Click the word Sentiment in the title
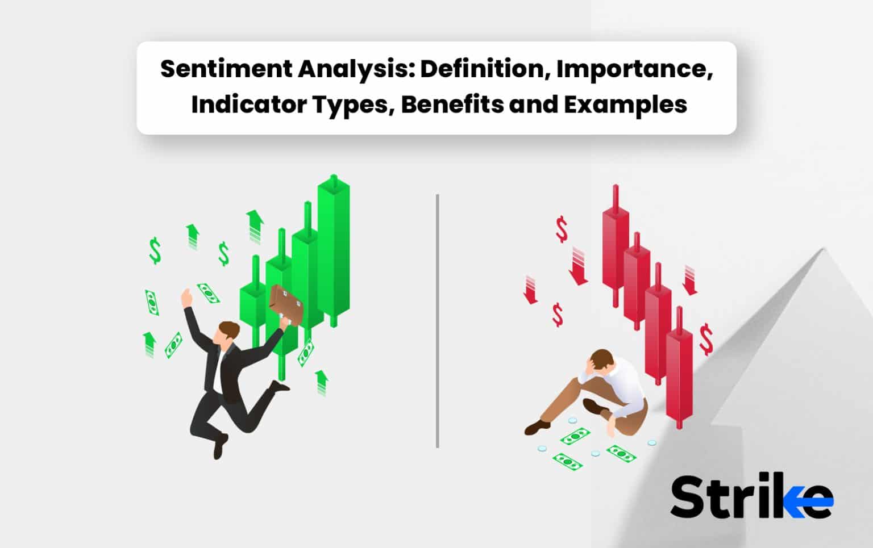click(x=225, y=69)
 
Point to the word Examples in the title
click(x=625, y=105)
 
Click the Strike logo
click(x=751, y=497)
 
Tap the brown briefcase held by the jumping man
click(x=286, y=304)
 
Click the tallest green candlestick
click(x=334, y=250)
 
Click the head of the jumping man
click(x=227, y=332)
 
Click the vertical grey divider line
click(x=437, y=321)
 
